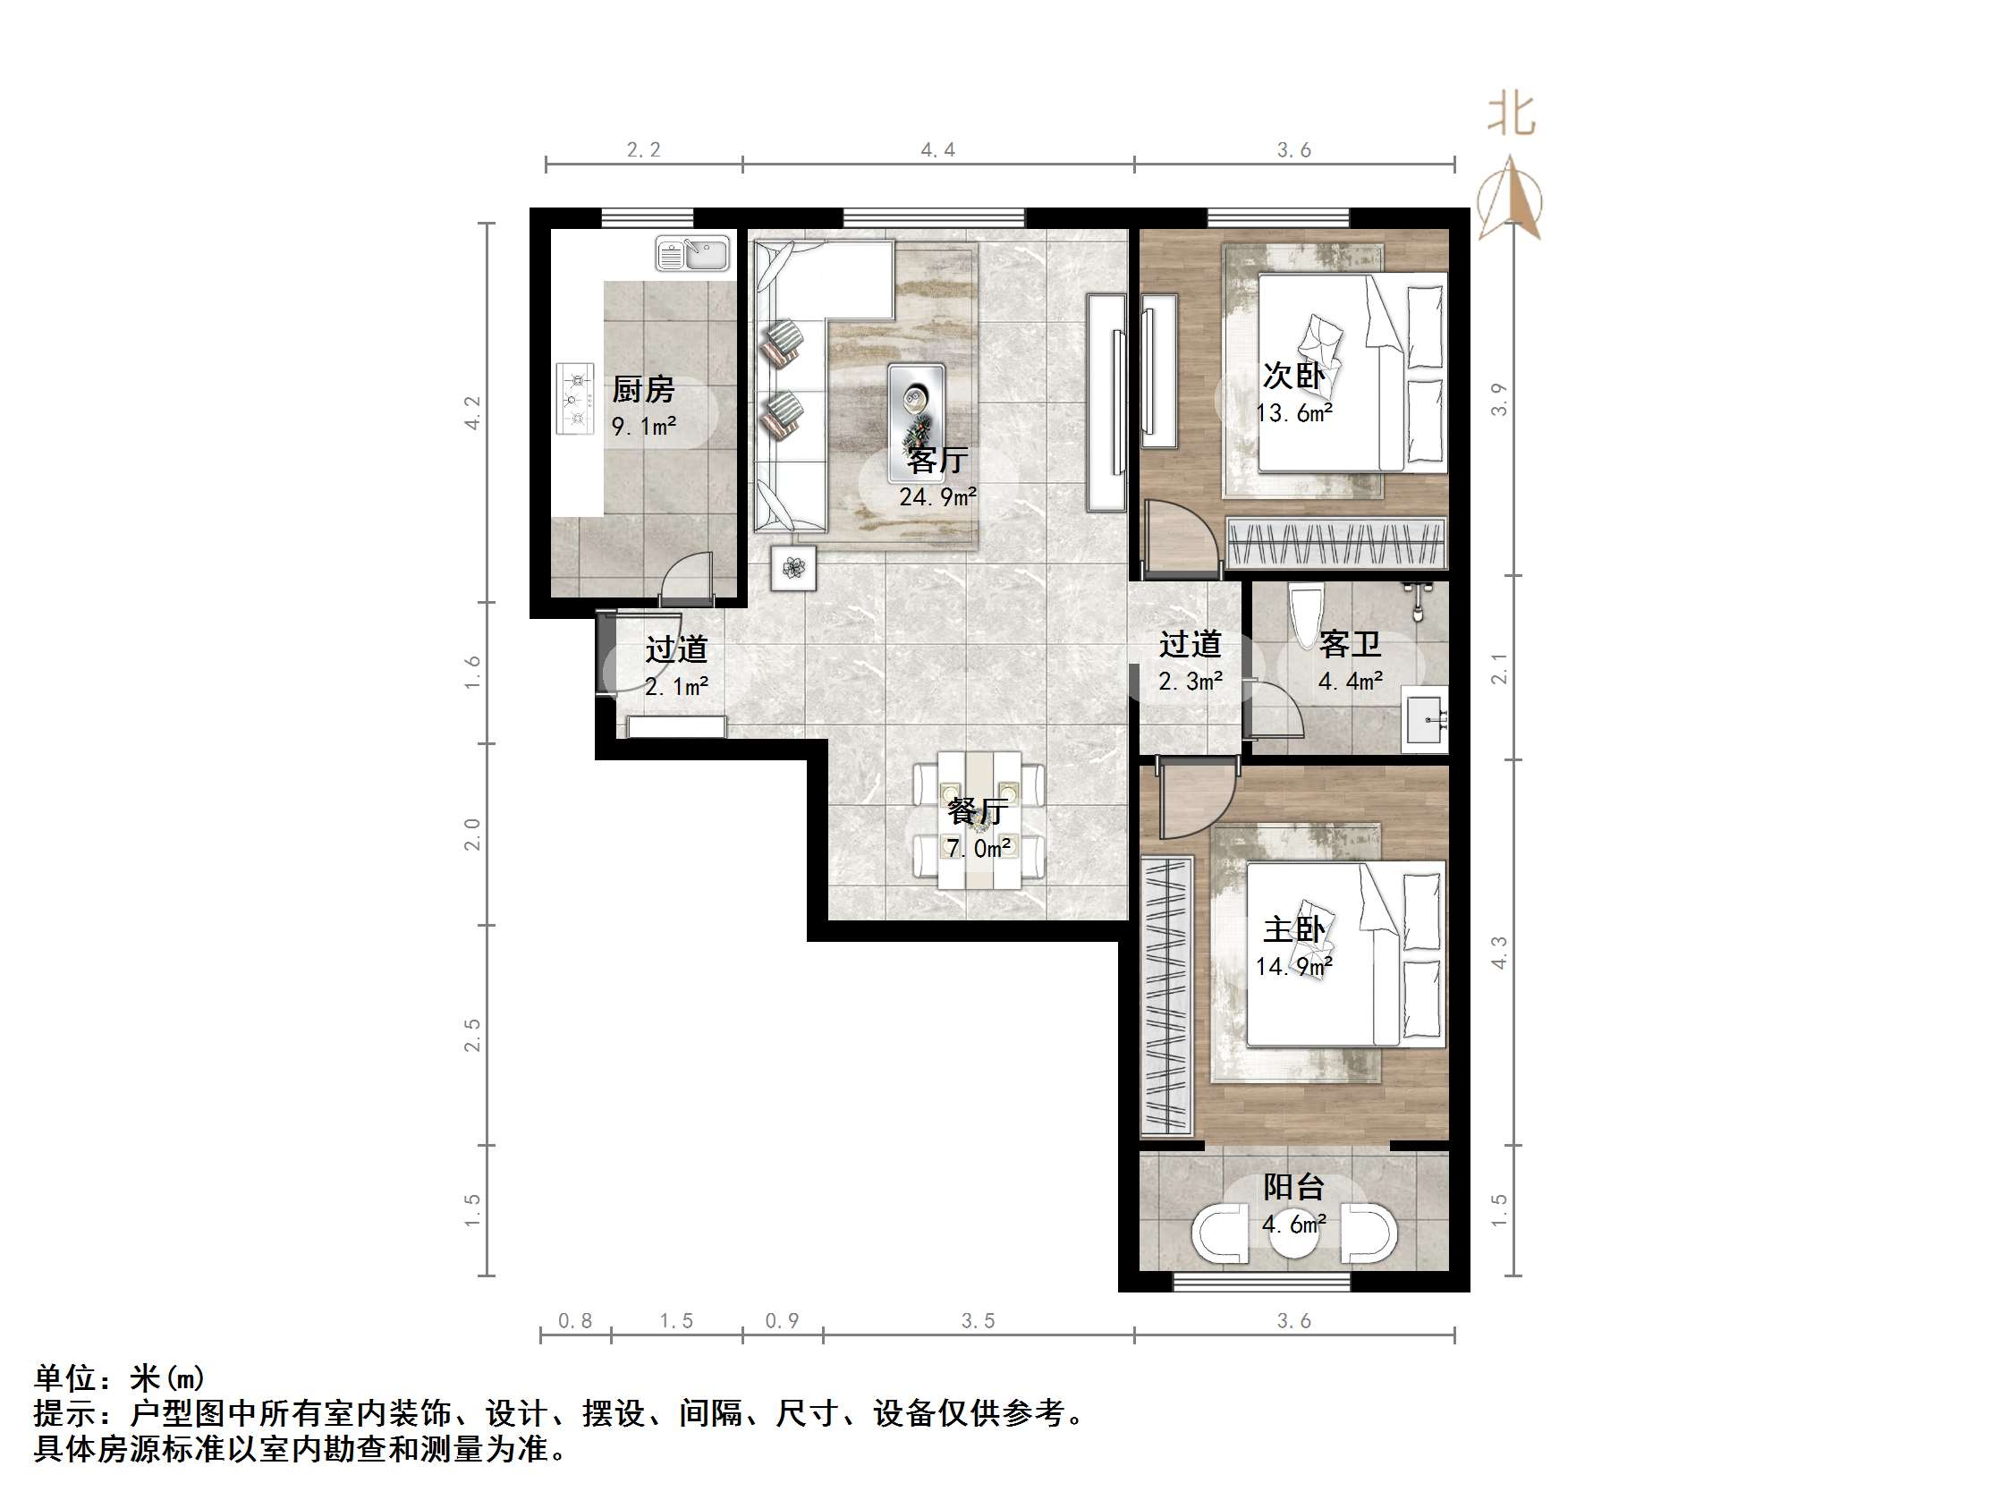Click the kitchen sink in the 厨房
692,254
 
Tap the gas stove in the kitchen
574,399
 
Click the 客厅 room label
937,462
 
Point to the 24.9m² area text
937,497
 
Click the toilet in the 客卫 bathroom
1307,615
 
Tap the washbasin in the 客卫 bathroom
1426,719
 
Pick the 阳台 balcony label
1294,1187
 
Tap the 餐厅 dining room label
978,811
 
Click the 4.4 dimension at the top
937,150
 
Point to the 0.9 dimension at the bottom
782,1321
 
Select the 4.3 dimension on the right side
1498,953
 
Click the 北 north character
1511,114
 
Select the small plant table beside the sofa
793,568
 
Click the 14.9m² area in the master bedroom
1294,968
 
